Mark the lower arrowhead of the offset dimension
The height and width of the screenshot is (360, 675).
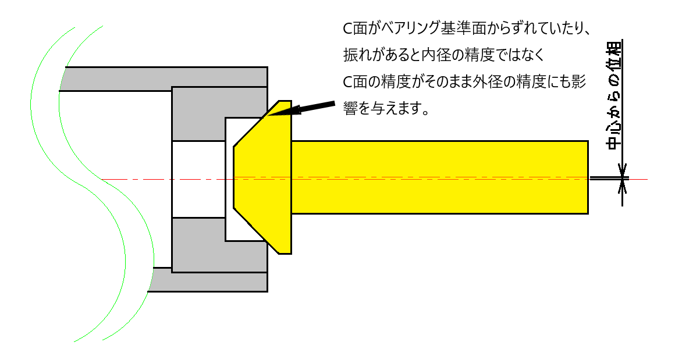tap(622, 186)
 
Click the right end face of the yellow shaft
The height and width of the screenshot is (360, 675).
tap(587, 176)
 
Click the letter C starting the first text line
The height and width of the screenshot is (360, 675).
tap(348, 28)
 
